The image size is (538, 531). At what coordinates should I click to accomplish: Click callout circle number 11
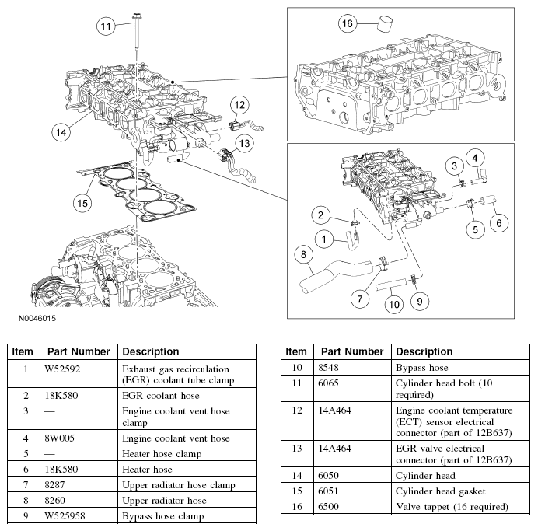coord(107,26)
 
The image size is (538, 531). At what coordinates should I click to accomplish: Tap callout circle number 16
coord(349,24)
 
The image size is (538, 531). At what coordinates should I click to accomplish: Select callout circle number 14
coord(61,131)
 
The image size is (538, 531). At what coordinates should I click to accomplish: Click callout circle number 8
coord(306,254)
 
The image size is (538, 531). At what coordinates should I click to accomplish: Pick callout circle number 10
coord(394,303)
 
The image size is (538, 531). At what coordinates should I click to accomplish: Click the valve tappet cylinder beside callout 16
coord(383,21)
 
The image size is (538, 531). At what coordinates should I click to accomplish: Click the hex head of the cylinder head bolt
coord(137,13)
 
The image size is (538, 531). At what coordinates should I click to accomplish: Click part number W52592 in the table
coord(61,368)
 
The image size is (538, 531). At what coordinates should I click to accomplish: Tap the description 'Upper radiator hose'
coord(164,501)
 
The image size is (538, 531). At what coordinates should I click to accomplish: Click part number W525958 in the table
coord(65,515)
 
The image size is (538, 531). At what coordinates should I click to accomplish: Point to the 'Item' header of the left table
coord(23,351)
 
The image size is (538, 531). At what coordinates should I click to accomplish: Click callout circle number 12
coord(239,105)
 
